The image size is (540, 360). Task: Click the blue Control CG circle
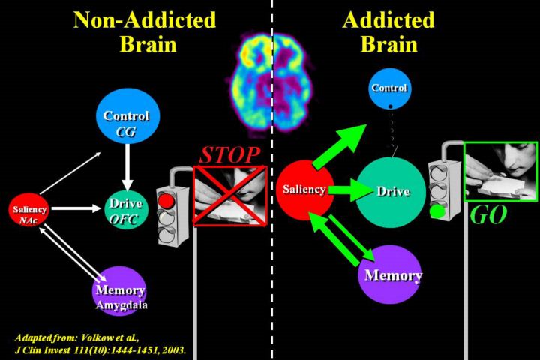[126, 122]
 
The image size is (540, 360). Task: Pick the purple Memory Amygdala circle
[118, 291]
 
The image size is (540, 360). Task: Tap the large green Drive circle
[393, 192]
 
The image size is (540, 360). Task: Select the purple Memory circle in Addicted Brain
[393, 274]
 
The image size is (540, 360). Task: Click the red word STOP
[229, 156]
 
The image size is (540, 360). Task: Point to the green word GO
[487, 217]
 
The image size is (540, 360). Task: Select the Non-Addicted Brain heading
[144, 31]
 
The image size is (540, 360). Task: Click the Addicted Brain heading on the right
[388, 31]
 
